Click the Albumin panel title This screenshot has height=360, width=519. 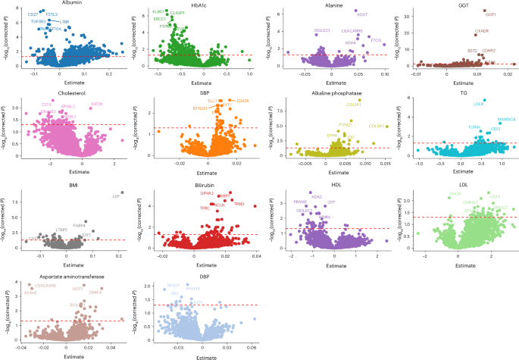coord(71,4)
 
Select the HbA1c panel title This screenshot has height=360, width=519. coord(199,4)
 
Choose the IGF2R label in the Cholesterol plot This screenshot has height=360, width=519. coord(96,104)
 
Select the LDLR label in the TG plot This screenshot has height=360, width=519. coord(478,104)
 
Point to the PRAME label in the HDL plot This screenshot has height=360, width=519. coord(300,202)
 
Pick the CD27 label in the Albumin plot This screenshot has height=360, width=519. coord(33,14)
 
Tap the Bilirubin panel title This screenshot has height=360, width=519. coord(199,183)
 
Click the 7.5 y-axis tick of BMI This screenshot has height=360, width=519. coord(14,202)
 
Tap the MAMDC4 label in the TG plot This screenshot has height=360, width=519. coord(505,119)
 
